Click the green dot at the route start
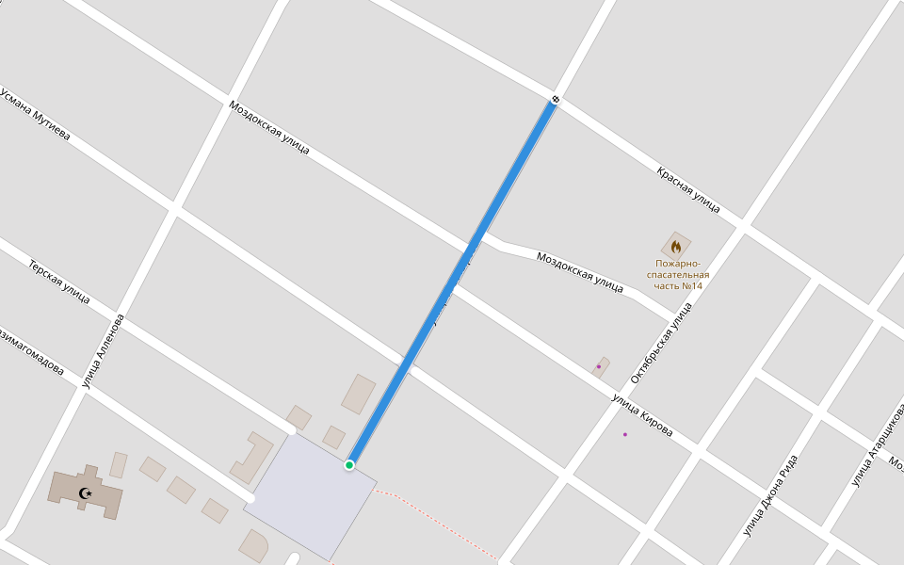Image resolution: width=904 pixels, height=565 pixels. (349, 465)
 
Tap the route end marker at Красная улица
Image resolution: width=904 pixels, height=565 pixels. (556, 99)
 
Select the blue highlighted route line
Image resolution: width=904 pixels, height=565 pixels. (452, 282)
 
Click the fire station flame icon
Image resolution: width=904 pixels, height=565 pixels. (676, 247)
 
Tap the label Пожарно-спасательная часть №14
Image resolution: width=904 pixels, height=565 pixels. (678, 275)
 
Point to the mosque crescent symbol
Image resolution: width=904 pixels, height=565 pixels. (86, 492)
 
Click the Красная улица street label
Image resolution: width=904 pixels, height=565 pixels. (688, 188)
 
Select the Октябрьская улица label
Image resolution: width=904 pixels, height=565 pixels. (661, 342)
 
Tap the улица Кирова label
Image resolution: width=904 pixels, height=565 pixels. (642, 415)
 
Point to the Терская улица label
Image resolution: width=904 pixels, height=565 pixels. (59, 282)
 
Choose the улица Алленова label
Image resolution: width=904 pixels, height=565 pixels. (103, 350)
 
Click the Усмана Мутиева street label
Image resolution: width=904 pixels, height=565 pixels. (36, 115)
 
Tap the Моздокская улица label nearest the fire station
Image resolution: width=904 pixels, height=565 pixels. (579, 272)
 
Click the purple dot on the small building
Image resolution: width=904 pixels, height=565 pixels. (599, 366)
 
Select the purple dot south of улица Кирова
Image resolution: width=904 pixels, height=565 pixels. (624, 434)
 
